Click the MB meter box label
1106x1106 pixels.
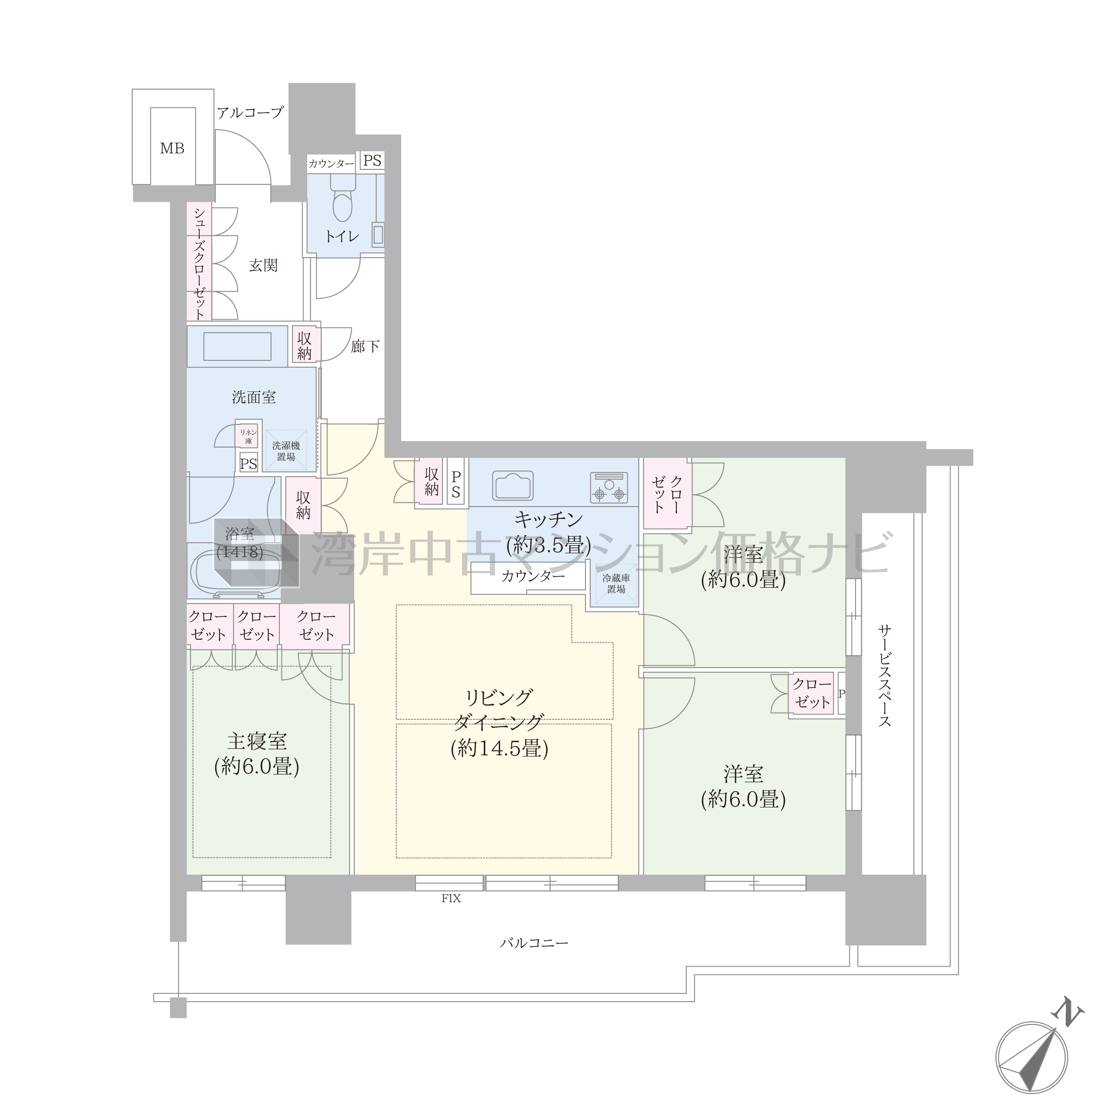click(172, 149)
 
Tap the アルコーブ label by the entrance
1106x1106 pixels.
click(250, 113)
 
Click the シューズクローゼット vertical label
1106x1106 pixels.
click(199, 263)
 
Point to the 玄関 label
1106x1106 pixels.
click(263, 265)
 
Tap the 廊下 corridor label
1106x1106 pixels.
click(365, 346)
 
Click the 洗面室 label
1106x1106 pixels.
click(254, 397)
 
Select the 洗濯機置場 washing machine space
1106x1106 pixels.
click(286, 451)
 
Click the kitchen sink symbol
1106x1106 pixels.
click(513, 485)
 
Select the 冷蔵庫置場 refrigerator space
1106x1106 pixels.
click(616, 584)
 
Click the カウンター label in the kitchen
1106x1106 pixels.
click(533, 575)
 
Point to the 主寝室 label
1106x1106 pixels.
click(257, 741)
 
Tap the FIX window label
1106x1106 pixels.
click(451, 898)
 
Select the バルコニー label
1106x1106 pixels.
click(534, 943)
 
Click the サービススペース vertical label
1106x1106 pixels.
click(885, 675)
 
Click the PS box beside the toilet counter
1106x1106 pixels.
click(372, 161)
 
